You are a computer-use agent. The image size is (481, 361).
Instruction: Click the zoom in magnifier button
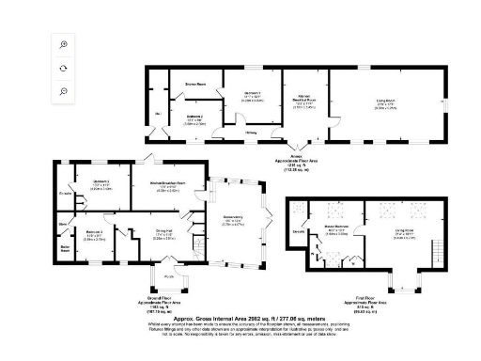click(63, 45)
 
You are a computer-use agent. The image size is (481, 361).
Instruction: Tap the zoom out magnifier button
click(63, 90)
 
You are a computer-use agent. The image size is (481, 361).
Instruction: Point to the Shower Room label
click(194, 84)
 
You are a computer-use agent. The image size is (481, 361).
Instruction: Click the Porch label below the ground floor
click(170, 276)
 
